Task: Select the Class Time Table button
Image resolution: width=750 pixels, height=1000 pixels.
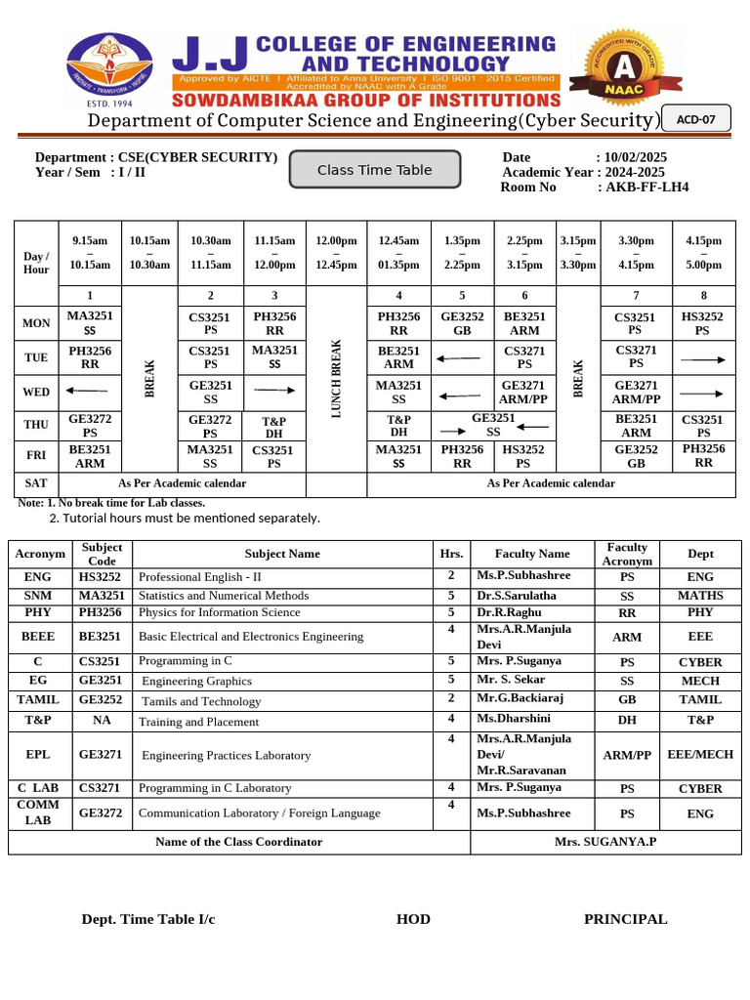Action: point(374,170)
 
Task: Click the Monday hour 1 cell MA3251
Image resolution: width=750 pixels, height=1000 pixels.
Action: point(89,323)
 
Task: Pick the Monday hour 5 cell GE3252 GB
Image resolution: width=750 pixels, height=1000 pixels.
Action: point(462,323)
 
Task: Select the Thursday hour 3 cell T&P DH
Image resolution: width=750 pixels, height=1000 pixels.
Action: point(273,427)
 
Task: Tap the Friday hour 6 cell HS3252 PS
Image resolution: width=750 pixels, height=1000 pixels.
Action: point(524,457)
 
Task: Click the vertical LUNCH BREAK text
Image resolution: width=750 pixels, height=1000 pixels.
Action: point(336,379)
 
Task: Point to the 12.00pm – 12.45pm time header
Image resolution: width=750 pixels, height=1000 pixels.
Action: point(336,253)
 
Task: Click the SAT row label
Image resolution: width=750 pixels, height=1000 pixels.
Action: point(35,483)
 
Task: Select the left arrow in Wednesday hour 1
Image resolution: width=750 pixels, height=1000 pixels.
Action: point(86,392)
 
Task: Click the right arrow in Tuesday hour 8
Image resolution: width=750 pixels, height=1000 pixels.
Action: point(703,359)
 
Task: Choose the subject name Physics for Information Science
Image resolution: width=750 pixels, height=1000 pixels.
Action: point(220,613)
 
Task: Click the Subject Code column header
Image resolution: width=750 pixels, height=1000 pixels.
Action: point(103,554)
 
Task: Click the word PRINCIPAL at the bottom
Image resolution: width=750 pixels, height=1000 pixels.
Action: point(625,919)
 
